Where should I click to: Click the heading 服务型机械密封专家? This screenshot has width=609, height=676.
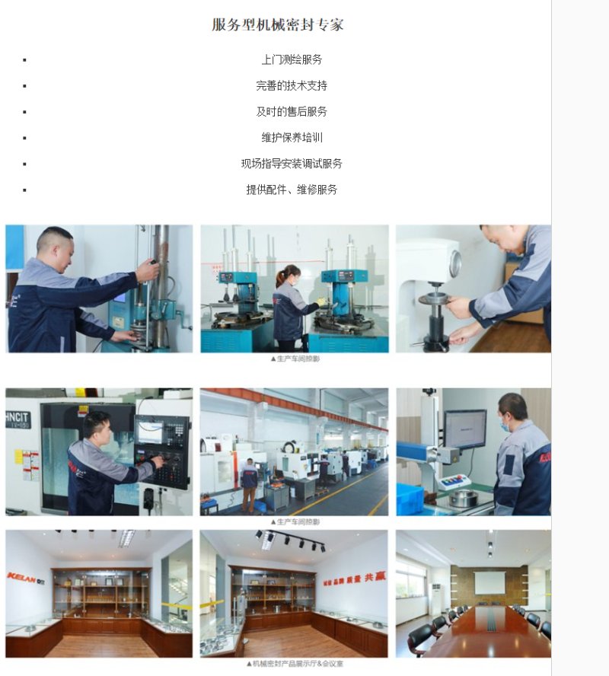tap(277, 24)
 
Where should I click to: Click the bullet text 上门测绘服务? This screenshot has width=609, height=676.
tap(292, 59)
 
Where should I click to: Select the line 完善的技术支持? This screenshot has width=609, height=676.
tap(292, 85)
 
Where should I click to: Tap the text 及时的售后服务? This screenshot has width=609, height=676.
tap(292, 111)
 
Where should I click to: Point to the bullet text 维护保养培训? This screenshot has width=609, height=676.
tap(292, 137)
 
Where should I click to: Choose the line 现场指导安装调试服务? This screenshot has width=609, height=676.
tap(292, 163)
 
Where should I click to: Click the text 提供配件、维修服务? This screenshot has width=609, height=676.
tap(292, 189)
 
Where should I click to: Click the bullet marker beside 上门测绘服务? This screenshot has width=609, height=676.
tap(24, 59)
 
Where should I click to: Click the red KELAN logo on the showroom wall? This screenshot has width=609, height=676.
tap(26, 576)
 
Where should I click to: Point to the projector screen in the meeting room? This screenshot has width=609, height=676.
tap(489, 582)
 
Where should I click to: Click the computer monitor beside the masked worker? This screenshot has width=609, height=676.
tap(464, 429)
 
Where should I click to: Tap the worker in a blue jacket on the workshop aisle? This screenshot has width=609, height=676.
tap(249, 483)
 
